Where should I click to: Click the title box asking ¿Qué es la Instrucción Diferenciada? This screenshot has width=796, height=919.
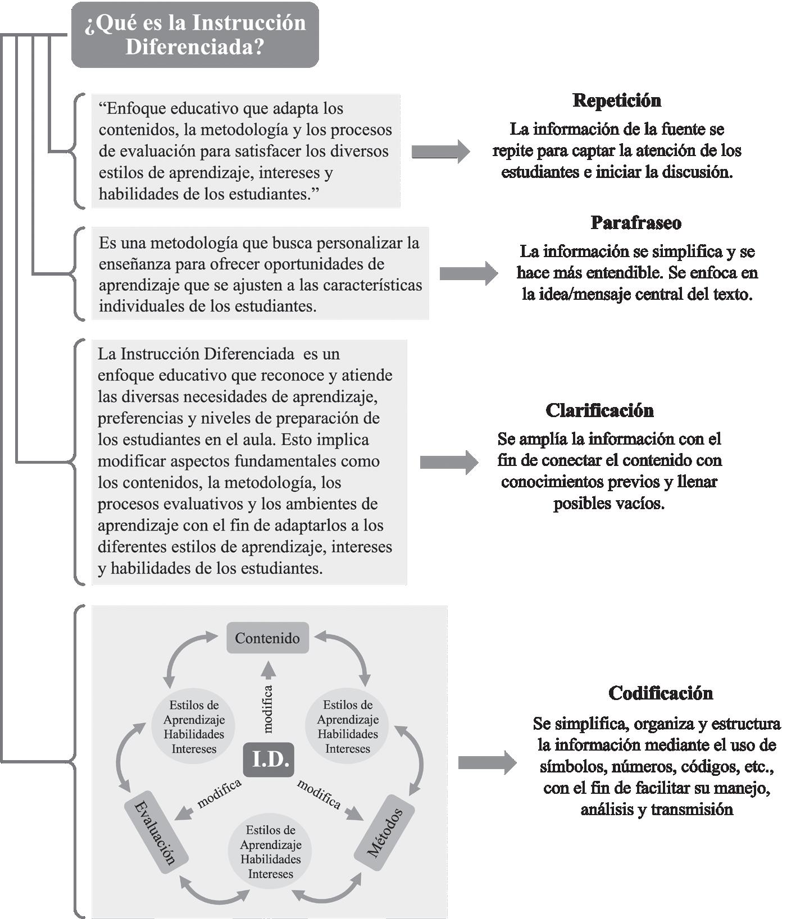coord(195,35)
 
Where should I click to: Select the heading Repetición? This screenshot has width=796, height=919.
coord(616,100)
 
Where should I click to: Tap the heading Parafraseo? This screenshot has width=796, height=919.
coord(636,223)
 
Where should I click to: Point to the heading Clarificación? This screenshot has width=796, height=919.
coord(599,410)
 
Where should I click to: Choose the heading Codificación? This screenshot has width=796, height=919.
coord(660,693)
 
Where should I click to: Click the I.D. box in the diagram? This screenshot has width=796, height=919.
coord(269,760)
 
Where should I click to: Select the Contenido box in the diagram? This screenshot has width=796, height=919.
coord(267,638)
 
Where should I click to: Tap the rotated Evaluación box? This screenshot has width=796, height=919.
coord(156,833)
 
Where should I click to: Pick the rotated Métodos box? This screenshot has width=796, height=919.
coord(385,833)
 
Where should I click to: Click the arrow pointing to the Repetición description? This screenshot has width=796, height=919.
coord(440,151)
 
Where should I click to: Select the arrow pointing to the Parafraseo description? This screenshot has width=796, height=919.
coord(468,273)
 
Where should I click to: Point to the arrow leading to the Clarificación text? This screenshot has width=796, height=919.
coord(449,462)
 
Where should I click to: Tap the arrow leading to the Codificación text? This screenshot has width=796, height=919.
coord(487,763)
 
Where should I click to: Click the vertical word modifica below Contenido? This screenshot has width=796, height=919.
coord(267,708)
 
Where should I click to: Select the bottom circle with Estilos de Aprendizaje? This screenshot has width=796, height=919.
coord(270,852)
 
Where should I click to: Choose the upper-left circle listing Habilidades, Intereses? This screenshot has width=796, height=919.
coord(194,726)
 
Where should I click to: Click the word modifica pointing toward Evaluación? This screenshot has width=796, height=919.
coord(219,793)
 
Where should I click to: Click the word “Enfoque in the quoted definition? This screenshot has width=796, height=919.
coord(131,108)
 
